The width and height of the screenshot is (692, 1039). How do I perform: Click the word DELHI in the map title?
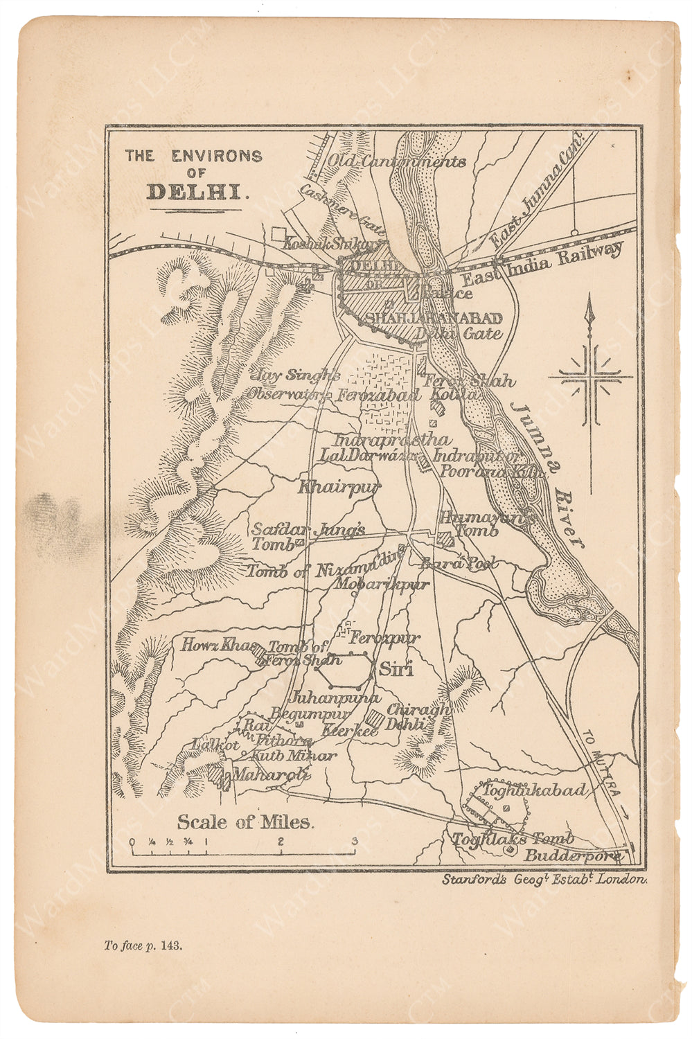[196, 192]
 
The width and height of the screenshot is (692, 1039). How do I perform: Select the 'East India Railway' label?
[542, 265]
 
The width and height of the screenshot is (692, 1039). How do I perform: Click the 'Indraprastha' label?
[391, 440]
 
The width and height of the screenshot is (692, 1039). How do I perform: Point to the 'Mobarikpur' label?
[382, 584]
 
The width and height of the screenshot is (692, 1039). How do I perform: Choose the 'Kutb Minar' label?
[294, 756]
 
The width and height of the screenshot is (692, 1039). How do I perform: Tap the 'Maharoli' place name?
[270, 774]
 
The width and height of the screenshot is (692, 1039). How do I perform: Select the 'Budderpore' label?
[572, 855]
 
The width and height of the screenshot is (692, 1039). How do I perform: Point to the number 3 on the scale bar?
[355, 842]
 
